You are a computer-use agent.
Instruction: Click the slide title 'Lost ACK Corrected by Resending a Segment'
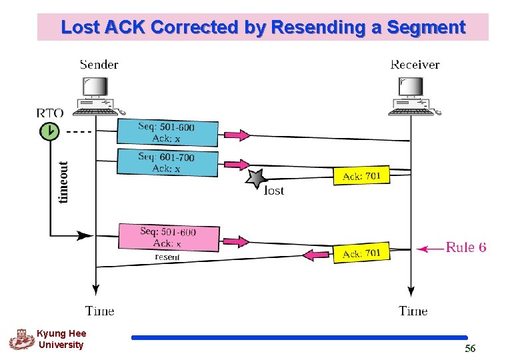pyautogui.click(x=263, y=27)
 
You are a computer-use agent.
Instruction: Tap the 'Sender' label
pyautogui.click(x=99, y=65)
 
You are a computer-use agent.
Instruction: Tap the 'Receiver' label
pyautogui.click(x=414, y=65)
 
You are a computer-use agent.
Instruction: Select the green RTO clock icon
pyautogui.click(x=49, y=132)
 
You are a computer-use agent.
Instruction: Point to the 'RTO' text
pyautogui.click(x=49, y=113)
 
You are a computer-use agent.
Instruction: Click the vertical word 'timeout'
pyautogui.click(x=63, y=181)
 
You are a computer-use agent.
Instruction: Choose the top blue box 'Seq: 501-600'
pyautogui.click(x=168, y=133)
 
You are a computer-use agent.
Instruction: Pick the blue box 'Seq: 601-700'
pyautogui.click(x=168, y=163)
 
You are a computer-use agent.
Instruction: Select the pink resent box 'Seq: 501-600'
pyautogui.click(x=169, y=238)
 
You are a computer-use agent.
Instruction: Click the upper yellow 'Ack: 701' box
pyautogui.click(x=361, y=176)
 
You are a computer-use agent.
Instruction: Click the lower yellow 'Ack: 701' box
pyautogui.click(x=361, y=253)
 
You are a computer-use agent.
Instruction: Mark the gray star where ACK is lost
pyautogui.click(x=256, y=179)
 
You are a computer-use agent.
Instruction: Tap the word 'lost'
pyautogui.click(x=274, y=191)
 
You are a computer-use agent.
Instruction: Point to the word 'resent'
pyautogui.click(x=167, y=257)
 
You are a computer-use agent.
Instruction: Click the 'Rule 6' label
pyautogui.click(x=465, y=247)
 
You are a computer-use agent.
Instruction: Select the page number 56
pyautogui.click(x=470, y=349)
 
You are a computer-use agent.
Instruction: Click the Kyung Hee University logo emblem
pyautogui.click(x=21, y=339)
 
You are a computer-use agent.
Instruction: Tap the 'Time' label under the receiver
pyautogui.click(x=413, y=311)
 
